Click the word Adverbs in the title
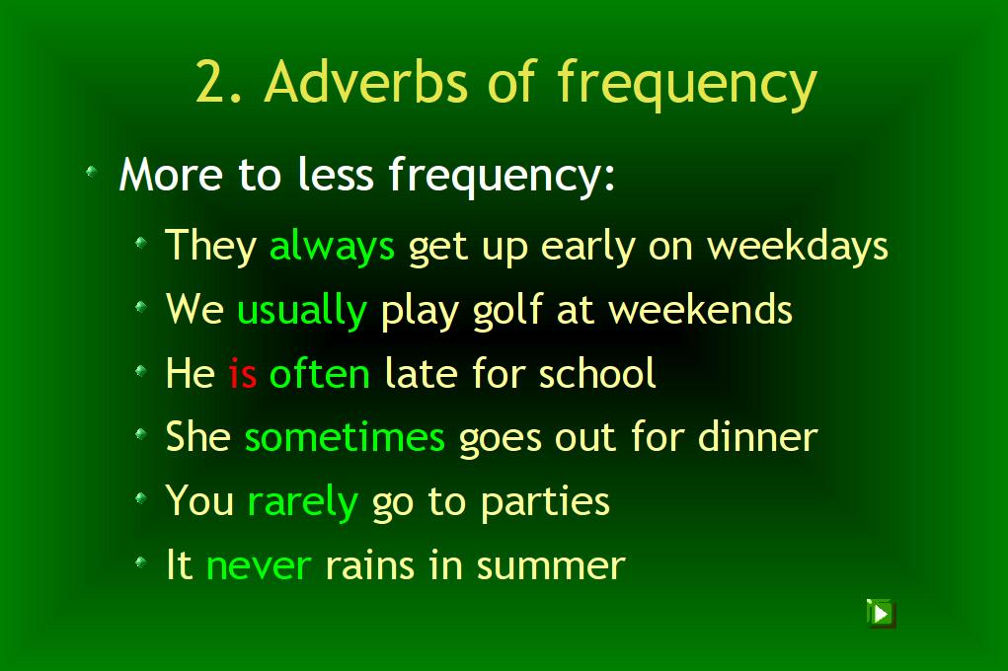pos(366,82)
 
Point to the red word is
pos(242,373)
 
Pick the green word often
pos(320,373)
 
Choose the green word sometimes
pos(345,437)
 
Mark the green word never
pos(259,566)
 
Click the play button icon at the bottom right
pos(880,613)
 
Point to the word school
pos(597,373)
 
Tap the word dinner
pos(758,437)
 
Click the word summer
pos(551,566)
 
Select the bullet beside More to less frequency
pos(92,172)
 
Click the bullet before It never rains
pos(141,562)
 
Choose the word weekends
pos(701,310)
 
